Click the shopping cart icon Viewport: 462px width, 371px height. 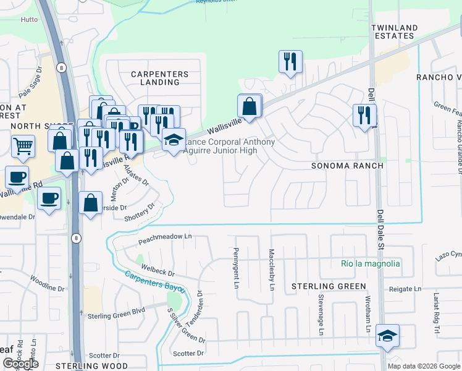[23, 146]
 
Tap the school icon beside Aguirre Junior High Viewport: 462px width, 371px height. [174, 140]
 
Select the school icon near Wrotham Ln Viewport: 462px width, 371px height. [387, 336]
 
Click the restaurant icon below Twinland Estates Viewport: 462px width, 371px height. [364, 115]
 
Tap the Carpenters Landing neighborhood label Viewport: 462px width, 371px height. [159, 79]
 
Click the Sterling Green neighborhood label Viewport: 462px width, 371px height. [329, 286]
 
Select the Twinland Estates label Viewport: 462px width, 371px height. [403, 33]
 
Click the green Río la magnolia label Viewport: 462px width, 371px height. [370, 263]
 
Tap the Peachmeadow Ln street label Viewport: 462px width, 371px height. [165, 237]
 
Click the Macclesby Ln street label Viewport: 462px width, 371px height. [272, 269]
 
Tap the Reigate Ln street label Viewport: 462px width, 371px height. [405, 289]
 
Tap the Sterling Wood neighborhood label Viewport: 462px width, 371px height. [91, 366]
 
